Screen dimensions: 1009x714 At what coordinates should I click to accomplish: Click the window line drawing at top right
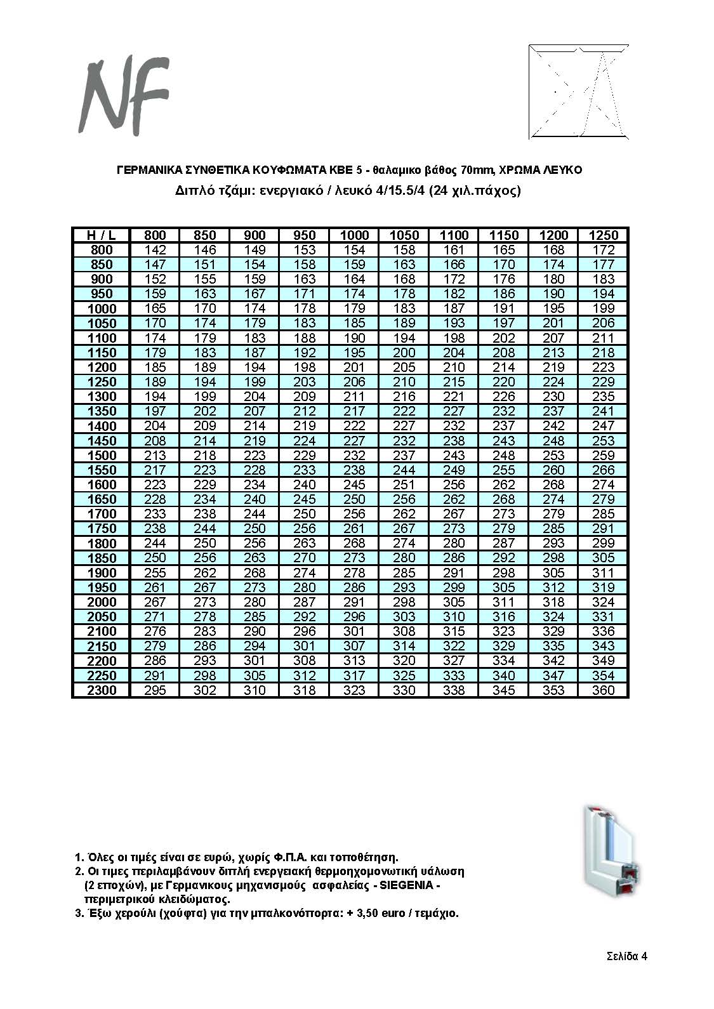[x=578, y=91]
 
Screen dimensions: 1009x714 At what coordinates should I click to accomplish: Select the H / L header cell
[x=101, y=235]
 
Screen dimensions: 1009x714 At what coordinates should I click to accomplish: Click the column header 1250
[x=603, y=235]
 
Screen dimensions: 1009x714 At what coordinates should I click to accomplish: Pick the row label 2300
[x=101, y=690]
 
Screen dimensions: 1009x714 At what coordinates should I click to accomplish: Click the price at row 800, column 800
[x=155, y=250]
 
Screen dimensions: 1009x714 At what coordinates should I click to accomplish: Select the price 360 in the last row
[x=603, y=690]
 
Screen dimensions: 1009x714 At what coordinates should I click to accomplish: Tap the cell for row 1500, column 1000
[x=354, y=456]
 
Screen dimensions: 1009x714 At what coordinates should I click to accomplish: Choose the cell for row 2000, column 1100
[x=454, y=602]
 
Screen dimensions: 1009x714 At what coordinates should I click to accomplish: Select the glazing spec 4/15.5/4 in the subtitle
[x=395, y=190]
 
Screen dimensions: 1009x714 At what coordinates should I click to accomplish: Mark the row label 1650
[x=101, y=499]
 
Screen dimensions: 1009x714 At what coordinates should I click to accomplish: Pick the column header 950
[x=305, y=235]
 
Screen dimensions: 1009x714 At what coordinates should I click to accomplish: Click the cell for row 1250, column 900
[x=255, y=382]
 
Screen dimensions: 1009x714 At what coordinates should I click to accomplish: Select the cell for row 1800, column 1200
[x=553, y=543]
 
